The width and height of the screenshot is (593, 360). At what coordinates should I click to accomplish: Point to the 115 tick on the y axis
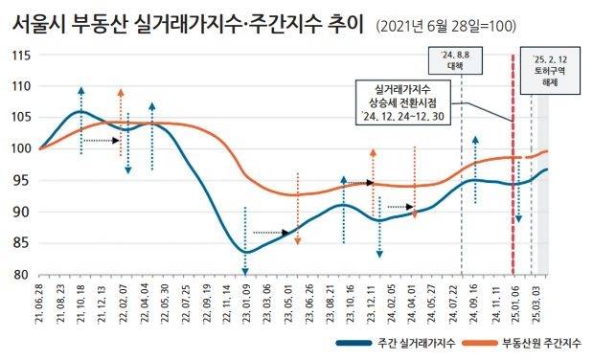pos(20,55)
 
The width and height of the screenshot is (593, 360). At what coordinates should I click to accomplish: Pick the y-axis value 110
pos(20,86)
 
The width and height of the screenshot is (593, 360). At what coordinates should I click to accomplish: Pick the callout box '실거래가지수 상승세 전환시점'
pos(402,102)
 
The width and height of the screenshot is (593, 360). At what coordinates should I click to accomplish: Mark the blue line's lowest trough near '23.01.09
pos(246,252)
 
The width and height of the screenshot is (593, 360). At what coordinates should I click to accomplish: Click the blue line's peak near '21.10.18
pos(80,111)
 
